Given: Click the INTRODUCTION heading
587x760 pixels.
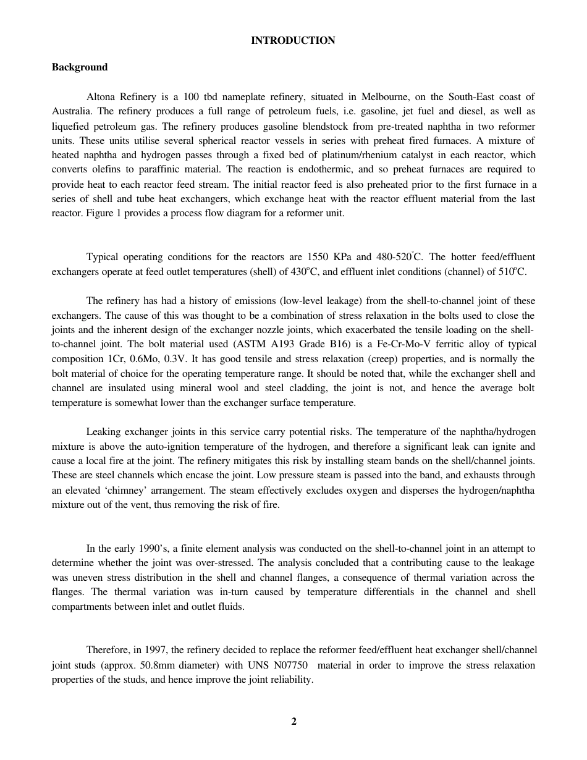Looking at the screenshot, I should click(x=293, y=41).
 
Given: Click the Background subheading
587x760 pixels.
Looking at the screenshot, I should click(x=80, y=67).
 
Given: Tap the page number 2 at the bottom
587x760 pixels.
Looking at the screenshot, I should click(x=294, y=721).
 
